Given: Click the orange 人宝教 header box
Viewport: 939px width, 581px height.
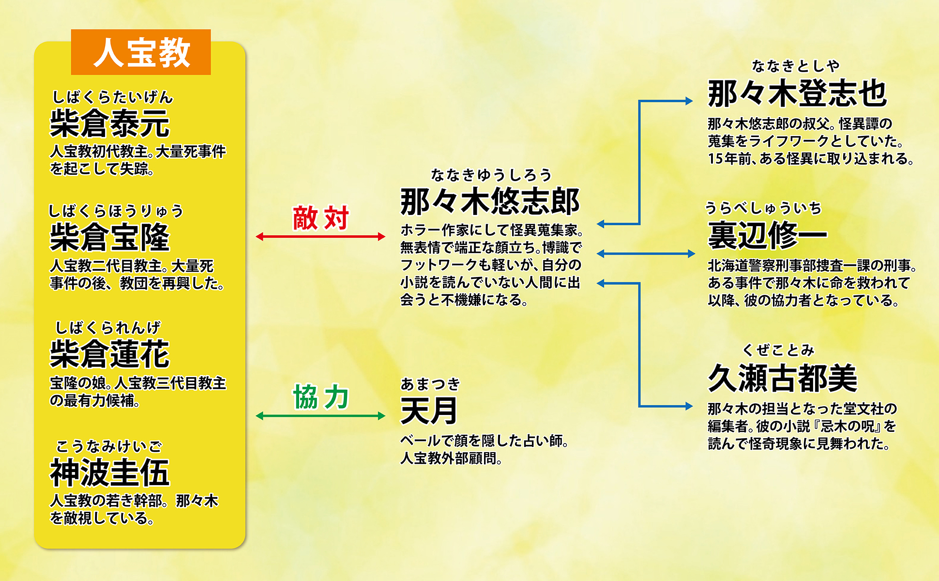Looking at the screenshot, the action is pyautogui.click(x=141, y=52).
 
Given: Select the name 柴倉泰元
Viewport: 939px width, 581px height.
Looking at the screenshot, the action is pyautogui.click(x=110, y=123).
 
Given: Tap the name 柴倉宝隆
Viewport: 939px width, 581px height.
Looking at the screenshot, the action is pyautogui.click(x=110, y=237).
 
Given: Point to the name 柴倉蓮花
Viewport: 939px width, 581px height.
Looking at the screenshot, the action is pyautogui.click(x=110, y=354).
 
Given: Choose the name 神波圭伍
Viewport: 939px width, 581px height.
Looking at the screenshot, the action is pyautogui.click(x=110, y=473).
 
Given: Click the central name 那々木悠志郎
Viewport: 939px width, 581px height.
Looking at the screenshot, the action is pyautogui.click(x=490, y=201).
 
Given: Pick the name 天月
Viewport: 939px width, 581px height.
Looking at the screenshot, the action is pyautogui.click(x=429, y=411).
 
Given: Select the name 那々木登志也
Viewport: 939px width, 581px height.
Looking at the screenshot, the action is pyautogui.click(x=797, y=93).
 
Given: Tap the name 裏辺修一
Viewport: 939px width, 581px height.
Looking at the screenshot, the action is pyautogui.click(x=768, y=235).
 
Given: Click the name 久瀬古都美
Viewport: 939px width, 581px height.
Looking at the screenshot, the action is pyautogui.click(x=783, y=378).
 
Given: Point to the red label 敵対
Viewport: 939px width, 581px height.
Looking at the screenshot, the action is pyautogui.click(x=320, y=218).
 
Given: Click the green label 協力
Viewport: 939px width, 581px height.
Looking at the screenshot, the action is pyautogui.click(x=320, y=397).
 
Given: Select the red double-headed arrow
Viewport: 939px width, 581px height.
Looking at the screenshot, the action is pyautogui.click(x=320, y=236).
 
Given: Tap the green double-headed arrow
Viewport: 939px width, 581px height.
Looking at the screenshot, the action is pyautogui.click(x=320, y=415).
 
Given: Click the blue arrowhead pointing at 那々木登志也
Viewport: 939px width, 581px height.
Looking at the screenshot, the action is pyautogui.click(x=689, y=101).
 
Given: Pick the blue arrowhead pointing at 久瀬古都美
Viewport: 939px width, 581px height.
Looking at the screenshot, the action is pyautogui.click(x=689, y=406).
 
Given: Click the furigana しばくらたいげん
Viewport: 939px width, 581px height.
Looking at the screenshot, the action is pyautogui.click(x=112, y=97).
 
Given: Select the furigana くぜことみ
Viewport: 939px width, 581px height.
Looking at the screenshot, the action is pyautogui.click(x=779, y=350).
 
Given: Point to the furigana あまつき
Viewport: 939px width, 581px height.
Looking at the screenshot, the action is pyautogui.click(x=430, y=384).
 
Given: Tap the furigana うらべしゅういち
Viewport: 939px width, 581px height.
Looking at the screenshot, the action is pyautogui.click(x=764, y=208).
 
